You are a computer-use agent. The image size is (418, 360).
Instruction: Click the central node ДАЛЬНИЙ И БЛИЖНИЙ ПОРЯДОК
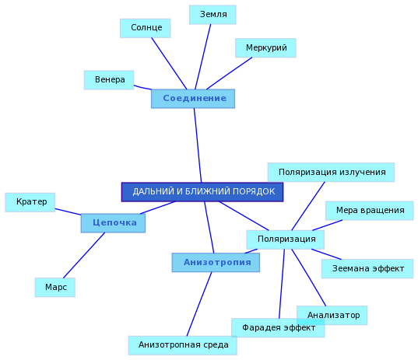click(x=202, y=192)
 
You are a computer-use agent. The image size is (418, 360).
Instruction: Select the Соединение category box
click(x=193, y=99)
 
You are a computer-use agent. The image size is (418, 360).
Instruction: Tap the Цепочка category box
click(x=113, y=223)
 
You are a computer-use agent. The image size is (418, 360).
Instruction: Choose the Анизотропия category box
click(x=216, y=262)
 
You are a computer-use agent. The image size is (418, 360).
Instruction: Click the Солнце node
click(x=145, y=28)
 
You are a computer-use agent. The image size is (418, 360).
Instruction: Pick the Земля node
click(x=213, y=15)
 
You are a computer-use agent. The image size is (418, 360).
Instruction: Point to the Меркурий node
click(x=265, y=47)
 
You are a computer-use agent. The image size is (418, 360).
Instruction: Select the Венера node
click(x=109, y=80)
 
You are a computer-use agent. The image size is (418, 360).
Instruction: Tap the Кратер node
click(x=30, y=202)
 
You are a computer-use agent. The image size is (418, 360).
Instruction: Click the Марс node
click(x=55, y=287)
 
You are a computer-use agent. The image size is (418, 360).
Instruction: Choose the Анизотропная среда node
click(x=183, y=345)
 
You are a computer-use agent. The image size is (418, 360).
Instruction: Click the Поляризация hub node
click(x=285, y=239)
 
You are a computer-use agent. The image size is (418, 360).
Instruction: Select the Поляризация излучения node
click(x=331, y=173)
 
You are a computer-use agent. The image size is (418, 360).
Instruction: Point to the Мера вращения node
click(x=369, y=211)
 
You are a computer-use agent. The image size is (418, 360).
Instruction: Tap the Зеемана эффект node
click(x=367, y=268)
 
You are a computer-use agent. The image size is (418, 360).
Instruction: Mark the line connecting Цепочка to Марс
click(x=84, y=255)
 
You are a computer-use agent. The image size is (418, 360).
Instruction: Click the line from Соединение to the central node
click(x=198, y=145)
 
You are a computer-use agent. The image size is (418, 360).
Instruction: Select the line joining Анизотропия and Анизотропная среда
click(x=199, y=304)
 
